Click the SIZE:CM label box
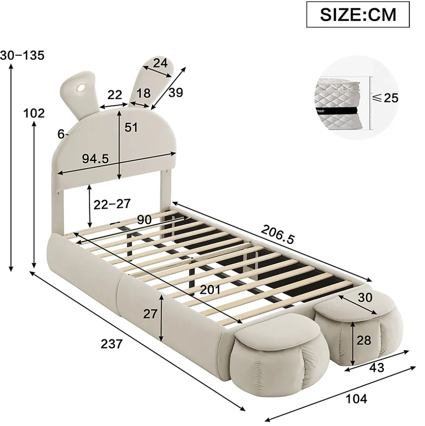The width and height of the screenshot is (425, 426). pos(358,14)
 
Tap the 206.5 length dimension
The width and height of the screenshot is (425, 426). pos(277,235)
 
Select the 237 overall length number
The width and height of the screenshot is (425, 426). pos(112,344)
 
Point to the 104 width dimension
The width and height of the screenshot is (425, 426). pos(356,399)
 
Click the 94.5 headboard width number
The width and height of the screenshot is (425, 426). pos(96,158)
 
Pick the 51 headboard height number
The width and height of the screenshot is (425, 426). pos(131,127)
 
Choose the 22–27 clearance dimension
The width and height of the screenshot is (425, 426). pos(112,204)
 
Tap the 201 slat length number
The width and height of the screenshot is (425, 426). pos(210,290)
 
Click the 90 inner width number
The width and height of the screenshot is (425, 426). pos(144,219)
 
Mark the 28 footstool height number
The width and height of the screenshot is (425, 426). pos(364,340)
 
